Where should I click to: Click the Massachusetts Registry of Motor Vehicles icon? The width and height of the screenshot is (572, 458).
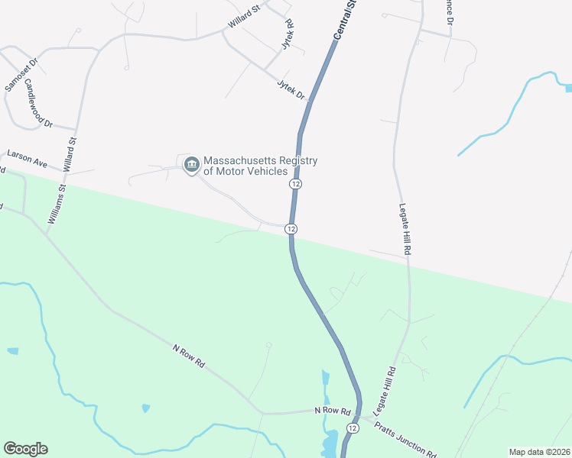pos(191,162)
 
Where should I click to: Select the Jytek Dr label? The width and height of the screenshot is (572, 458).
pos(291,90)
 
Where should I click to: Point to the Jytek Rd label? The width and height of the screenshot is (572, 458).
pos(288,35)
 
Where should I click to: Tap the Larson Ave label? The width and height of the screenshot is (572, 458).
pos(27,160)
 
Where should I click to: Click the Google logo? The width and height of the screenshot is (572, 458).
pos(25,449)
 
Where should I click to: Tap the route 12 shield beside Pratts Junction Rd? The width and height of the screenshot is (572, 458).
pos(352,428)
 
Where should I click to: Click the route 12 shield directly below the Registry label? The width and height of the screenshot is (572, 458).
pos(295,185)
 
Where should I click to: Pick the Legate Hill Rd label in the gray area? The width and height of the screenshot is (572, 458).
pos(406,229)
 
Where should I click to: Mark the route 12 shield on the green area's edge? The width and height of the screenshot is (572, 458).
pos(291,229)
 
